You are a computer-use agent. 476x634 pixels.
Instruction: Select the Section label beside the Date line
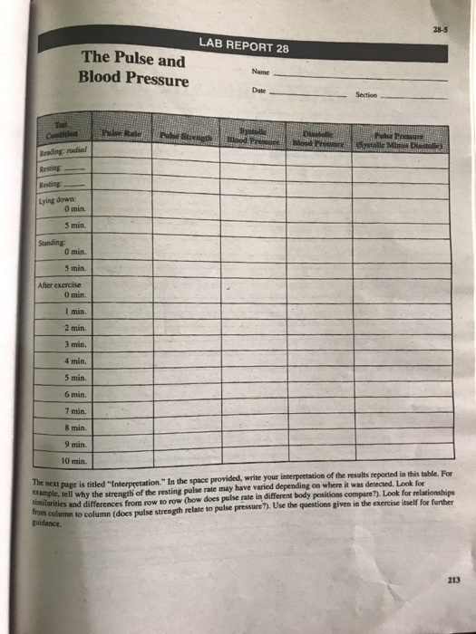click(x=366, y=93)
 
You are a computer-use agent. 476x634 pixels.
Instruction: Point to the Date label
click(x=257, y=91)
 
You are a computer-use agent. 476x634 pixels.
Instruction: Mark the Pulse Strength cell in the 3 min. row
click(x=185, y=345)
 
